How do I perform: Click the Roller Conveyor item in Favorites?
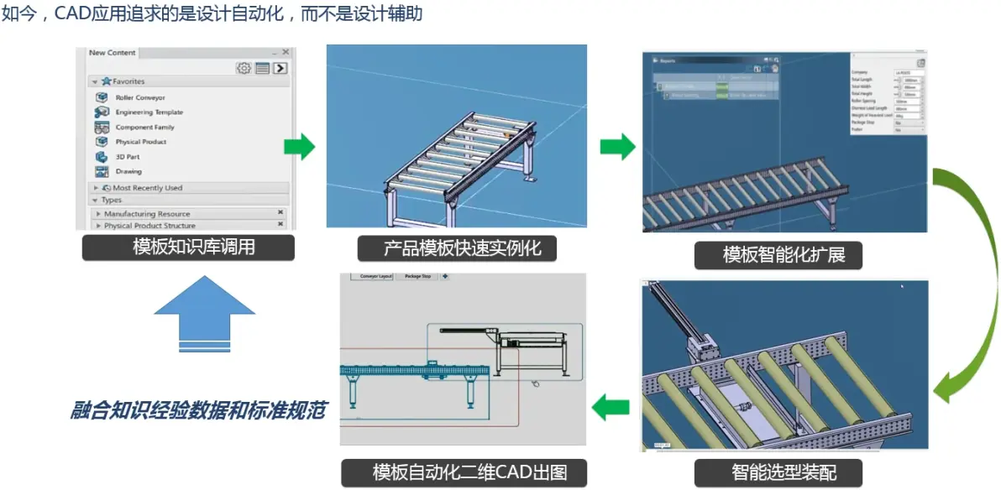click(139, 98)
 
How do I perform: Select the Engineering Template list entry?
click(149, 112)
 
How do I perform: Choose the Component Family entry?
click(144, 128)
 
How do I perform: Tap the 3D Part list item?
click(127, 157)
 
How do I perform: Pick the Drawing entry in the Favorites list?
click(128, 172)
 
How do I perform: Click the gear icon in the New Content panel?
click(244, 68)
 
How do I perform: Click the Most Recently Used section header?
click(147, 188)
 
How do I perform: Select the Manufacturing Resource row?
click(147, 214)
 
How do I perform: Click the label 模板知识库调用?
click(188, 248)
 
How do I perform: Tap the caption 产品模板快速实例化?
click(457, 248)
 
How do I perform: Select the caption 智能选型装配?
click(778, 472)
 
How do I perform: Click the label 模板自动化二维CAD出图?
click(465, 472)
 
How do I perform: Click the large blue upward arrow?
click(204, 311)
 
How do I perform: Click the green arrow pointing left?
click(611, 409)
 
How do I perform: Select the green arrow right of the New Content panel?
click(299, 147)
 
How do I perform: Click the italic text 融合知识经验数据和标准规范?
click(198, 410)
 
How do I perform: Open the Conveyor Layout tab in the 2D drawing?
click(375, 276)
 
